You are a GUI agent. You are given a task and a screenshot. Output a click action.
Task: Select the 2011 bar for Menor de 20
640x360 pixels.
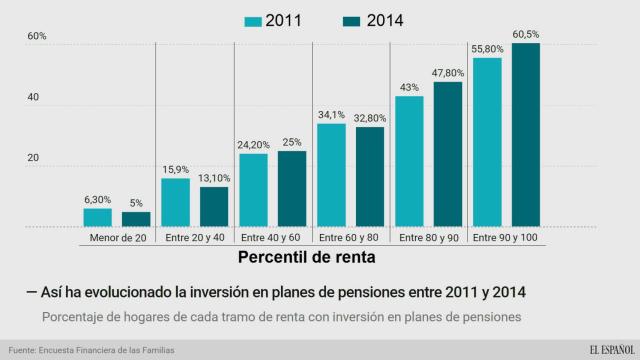(x=97, y=217)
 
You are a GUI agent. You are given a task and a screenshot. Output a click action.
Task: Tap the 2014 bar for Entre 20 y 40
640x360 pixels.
(x=214, y=206)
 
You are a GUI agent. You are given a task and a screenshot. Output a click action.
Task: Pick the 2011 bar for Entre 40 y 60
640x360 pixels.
(x=253, y=190)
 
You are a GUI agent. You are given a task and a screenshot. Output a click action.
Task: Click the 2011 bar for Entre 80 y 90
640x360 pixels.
(x=409, y=161)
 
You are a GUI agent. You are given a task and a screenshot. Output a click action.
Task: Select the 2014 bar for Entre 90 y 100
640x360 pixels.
(x=526, y=135)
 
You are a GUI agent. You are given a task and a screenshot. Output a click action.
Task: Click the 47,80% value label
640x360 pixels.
(x=448, y=73)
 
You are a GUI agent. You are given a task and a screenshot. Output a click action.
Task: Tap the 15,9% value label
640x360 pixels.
(x=175, y=169)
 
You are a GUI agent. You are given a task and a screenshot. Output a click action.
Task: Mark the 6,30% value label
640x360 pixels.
(x=97, y=199)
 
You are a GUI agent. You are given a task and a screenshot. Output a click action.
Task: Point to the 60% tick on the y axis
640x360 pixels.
(x=37, y=37)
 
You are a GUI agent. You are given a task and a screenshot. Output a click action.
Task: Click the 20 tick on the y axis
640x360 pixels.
(x=33, y=158)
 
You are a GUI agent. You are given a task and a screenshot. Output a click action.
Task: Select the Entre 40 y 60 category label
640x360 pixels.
(x=272, y=239)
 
